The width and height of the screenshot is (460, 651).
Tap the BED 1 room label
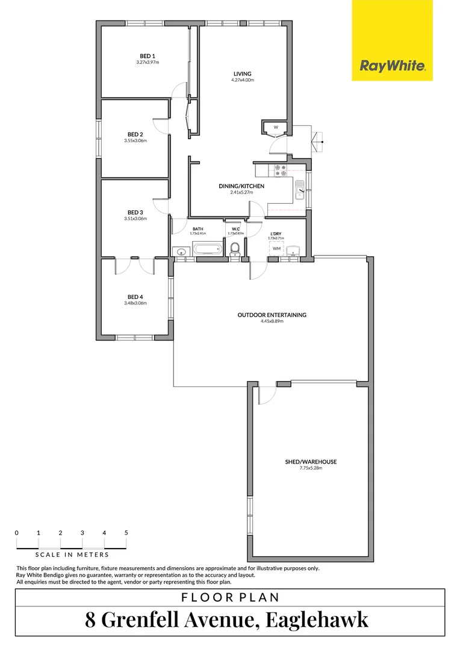pos(141,56)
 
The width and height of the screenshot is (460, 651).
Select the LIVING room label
pos(242,74)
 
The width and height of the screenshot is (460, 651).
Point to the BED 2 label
pos(135,134)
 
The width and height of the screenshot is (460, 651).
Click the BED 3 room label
pos(135,212)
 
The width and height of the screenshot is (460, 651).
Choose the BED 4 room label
pos(135,297)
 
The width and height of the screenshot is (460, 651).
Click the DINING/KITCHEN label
pos(241,186)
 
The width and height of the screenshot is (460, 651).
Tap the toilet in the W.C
pos(235,248)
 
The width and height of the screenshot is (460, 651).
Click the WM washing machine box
pos(276,248)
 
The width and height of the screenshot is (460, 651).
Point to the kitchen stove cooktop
pos(281,171)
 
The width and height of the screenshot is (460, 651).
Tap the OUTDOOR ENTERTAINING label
pos(272,315)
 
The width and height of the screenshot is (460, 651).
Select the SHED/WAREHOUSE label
pos(311,462)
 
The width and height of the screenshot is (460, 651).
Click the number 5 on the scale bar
pos(126,533)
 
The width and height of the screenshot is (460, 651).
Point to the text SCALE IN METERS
pos(72,555)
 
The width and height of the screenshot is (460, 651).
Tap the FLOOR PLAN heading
pos(230,597)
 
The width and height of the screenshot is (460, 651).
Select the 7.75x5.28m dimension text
pos(311,468)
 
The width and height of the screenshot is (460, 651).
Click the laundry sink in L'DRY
pos(294,251)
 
